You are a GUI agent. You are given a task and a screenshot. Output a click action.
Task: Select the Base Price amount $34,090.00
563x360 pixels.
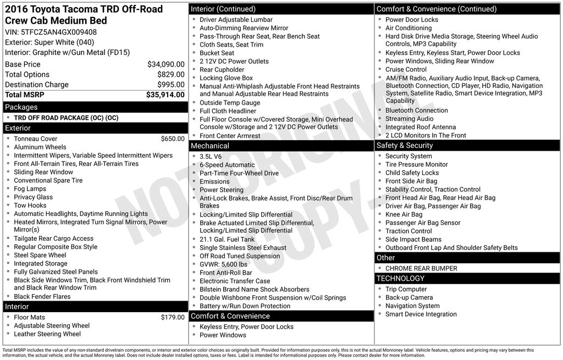click(165, 64)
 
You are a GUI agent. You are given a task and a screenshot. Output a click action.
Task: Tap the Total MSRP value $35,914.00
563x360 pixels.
click(165, 95)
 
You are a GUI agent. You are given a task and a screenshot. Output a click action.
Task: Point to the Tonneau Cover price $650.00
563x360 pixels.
click(173, 139)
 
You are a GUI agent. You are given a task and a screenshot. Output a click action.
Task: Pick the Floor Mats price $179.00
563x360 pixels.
click(173, 317)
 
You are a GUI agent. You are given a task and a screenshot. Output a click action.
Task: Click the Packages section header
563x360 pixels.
click(21, 107)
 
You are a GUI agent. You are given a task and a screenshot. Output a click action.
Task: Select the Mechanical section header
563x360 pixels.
click(209, 146)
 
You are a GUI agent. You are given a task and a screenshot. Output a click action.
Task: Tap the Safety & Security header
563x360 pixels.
click(404, 146)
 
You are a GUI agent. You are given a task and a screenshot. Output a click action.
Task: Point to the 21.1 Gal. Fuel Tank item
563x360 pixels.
click(227, 240)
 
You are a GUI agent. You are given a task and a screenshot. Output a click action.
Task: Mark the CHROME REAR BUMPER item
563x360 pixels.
click(421, 269)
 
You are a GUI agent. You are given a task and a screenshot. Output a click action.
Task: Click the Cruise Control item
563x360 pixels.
click(406, 69)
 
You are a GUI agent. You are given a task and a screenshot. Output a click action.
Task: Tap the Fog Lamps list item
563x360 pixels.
click(30, 189)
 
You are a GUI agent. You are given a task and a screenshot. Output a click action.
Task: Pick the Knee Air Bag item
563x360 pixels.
click(404, 214)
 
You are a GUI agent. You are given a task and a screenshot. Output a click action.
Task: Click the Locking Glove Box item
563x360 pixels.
click(226, 78)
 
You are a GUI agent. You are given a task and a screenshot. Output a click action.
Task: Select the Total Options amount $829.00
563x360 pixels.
click(170, 74)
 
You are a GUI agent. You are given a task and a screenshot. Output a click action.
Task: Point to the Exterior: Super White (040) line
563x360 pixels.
click(49, 42)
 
